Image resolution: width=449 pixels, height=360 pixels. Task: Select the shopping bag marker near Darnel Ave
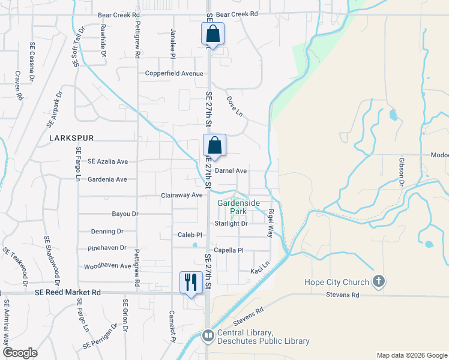click(x=214, y=145)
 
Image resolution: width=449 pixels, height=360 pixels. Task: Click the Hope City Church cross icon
click(x=378, y=281)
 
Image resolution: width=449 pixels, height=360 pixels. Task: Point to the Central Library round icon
click(x=208, y=336)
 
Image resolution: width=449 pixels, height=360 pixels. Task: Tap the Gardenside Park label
click(x=238, y=208)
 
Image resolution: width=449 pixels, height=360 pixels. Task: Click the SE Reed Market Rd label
click(x=67, y=292)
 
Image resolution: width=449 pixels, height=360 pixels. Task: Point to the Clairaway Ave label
click(x=182, y=196)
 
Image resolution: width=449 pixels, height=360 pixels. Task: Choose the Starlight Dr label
click(x=231, y=224)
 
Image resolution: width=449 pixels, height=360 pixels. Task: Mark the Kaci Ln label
click(x=261, y=267)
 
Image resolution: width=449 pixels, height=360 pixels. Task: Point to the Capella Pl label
click(x=229, y=250)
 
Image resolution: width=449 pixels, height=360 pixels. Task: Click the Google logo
click(x=20, y=353)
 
